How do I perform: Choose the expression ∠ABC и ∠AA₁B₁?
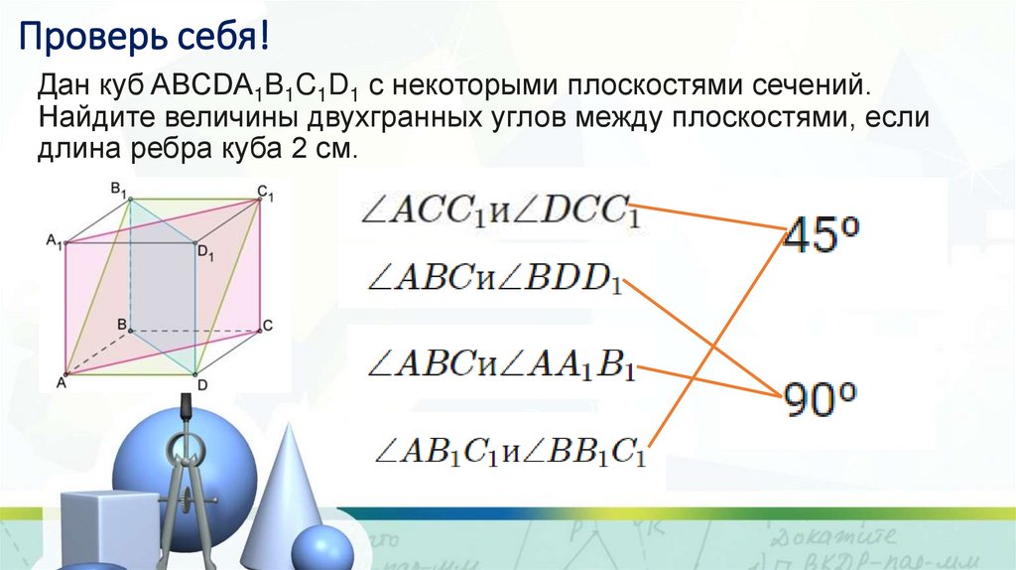point(501,364)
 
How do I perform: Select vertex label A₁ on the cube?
point(54,239)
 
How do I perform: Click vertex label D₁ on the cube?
point(205,254)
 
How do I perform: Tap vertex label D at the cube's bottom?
point(201,384)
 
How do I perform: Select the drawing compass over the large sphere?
point(185,467)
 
